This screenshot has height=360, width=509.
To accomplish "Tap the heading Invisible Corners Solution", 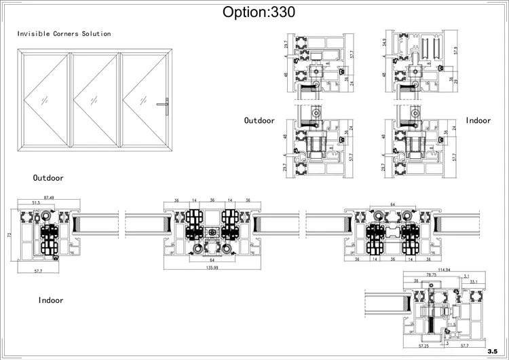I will pyautogui.click(x=64, y=33).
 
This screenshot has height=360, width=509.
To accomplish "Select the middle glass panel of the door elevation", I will pyautogui.click(x=95, y=98).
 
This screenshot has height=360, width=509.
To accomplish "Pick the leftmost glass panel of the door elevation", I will pyautogui.click(x=46, y=98).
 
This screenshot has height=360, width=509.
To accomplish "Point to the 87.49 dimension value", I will pyautogui.click(x=47, y=197).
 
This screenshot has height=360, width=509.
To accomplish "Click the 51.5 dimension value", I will pyautogui.click(x=35, y=202).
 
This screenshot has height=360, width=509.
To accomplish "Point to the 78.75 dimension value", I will pyautogui.click(x=431, y=275).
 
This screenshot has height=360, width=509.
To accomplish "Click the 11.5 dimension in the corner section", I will pyautogui.click(x=451, y=325).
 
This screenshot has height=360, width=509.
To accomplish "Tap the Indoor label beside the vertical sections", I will pyautogui.click(x=478, y=120).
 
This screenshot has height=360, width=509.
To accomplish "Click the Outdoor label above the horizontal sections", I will pyautogui.click(x=48, y=178).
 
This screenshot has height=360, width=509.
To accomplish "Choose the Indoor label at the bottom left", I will pyautogui.click(x=51, y=300).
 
